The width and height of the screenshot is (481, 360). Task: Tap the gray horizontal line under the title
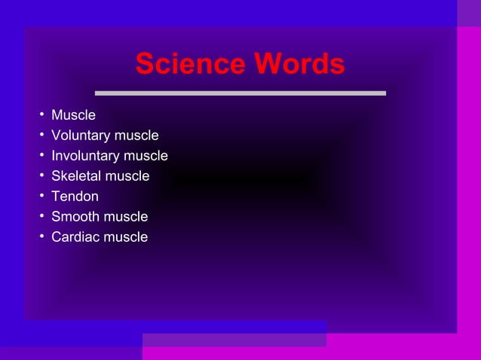click(x=240, y=93)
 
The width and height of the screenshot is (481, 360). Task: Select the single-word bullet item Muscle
click(x=73, y=115)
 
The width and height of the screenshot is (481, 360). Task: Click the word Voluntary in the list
click(x=80, y=136)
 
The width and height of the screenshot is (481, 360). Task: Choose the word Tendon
click(x=75, y=197)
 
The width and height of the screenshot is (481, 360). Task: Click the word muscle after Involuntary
click(x=146, y=156)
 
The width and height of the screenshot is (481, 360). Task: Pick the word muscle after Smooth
click(x=126, y=217)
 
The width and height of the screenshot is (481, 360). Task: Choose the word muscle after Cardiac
click(x=126, y=237)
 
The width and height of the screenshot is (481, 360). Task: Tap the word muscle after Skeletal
click(x=127, y=176)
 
